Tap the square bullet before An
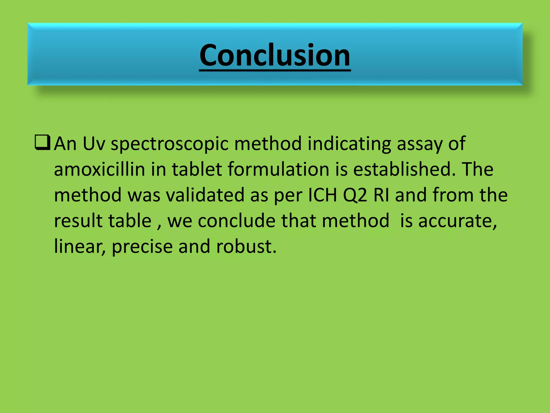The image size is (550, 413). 42,143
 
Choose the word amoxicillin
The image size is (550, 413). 99,169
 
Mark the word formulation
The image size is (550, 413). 278,169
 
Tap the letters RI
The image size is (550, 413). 381,195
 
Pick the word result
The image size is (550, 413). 78,221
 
